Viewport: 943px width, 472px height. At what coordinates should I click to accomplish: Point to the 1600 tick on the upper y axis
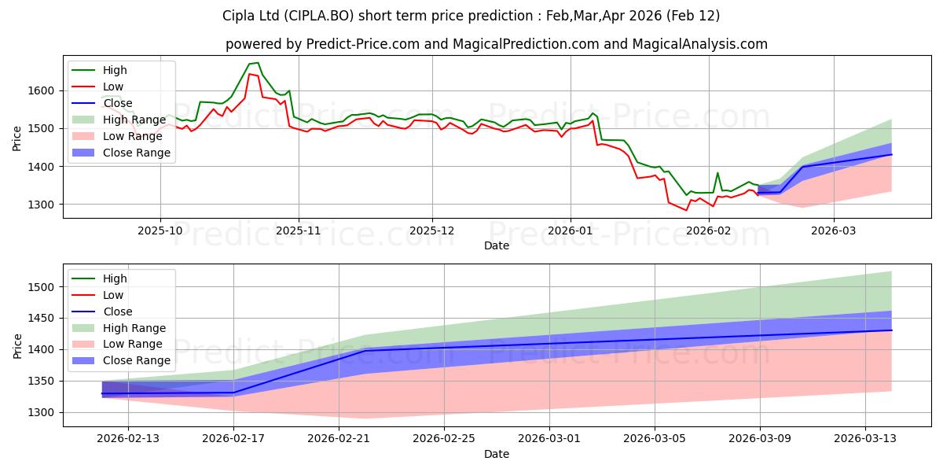pyautogui.click(x=41, y=91)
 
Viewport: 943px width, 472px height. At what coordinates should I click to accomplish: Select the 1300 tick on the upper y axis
pyautogui.click(x=41, y=205)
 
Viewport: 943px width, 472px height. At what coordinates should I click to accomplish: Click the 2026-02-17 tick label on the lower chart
pyautogui.click(x=233, y=439)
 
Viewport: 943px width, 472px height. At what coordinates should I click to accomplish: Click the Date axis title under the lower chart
pyautogui.click(x=496, y=454)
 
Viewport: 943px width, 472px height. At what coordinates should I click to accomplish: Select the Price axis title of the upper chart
pyautogui.click(x=17, y=138)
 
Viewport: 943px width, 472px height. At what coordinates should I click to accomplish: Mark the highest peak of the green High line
pyautogui.click(x=257, y=63)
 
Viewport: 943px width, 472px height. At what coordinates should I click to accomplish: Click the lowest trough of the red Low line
pyautogui.click(x=686, y=210)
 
